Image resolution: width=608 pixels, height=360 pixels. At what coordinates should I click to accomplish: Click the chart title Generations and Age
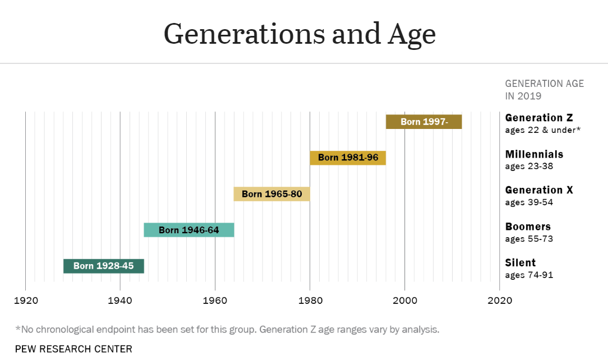(x=300, y=34)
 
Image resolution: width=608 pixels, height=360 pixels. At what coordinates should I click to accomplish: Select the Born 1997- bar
(x=423, y=122)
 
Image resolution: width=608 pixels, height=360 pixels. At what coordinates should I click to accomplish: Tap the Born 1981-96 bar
(x=348, y=158)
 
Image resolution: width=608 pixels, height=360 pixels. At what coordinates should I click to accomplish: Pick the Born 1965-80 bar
(x=271, y=194)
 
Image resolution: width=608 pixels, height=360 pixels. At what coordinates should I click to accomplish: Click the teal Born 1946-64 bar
(x=188, y=230)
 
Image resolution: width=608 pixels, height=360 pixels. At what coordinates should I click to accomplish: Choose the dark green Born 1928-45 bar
(x=103, y=266)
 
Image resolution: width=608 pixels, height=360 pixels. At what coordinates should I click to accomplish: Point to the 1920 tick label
(x=25, y=300)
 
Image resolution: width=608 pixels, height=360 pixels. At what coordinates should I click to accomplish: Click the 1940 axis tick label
(x=120, y=300)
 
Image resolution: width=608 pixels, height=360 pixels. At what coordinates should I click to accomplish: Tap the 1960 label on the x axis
(x=215, y=300)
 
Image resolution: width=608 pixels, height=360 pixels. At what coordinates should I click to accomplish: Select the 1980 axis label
(x=310, y=300)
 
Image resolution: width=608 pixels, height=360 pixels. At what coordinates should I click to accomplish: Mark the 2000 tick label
(x=404, y=300)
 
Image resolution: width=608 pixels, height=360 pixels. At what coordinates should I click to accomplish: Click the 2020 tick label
(x=500, y=300)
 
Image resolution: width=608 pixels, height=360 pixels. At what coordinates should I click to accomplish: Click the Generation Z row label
(x=538, y=118)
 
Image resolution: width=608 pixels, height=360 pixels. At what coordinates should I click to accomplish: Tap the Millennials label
(x=534, y=154)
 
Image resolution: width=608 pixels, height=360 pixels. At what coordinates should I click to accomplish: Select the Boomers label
(x=528, y=227)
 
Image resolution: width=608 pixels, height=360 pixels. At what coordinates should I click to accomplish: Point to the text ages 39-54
(x=529, y=202)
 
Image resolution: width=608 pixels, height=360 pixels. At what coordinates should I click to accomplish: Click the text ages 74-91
(x=529, y=275)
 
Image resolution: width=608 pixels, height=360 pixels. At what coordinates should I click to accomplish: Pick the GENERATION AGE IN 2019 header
(x=544, y=90)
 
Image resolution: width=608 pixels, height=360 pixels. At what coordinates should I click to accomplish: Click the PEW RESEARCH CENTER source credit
(x=73, y=349)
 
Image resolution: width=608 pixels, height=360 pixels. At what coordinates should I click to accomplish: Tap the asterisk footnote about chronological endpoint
(x=227, y=329)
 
